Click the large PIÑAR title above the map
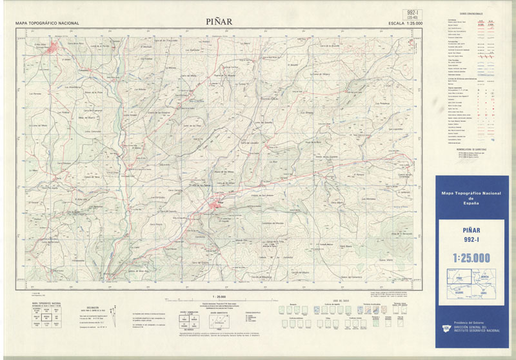pyautogui.click(x=219, y=21)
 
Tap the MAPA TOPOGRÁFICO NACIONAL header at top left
pyautogui.click(x=47, y=23)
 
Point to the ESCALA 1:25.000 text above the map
pyautogui.click(x=405, y=23)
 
